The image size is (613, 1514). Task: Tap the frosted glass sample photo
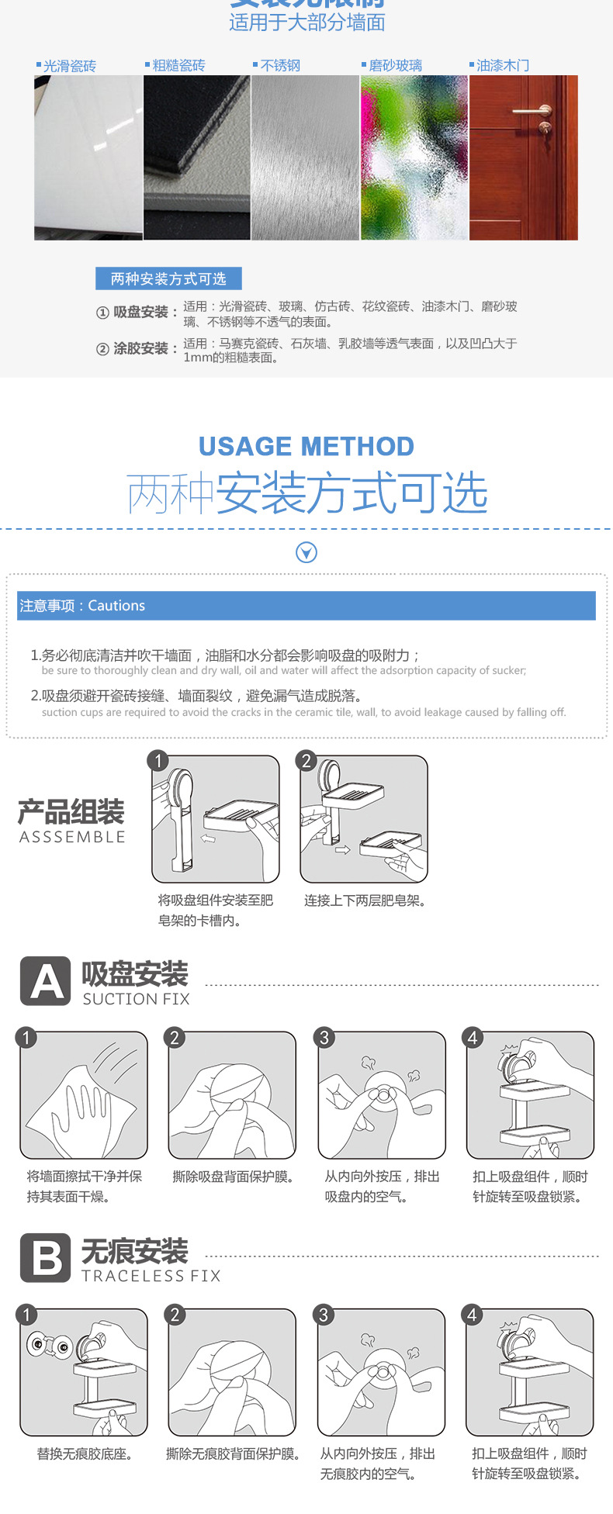point(414,157)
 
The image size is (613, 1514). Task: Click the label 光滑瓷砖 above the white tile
point(69,66)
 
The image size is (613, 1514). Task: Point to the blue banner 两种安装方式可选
point(168,278)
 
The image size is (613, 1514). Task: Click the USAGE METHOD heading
point(306,447)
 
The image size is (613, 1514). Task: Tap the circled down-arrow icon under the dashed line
point(306,552)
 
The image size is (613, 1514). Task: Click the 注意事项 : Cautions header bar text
point(82,606)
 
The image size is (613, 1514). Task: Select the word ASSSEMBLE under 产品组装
point(72,837)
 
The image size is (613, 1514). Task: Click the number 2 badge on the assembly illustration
point(306,761)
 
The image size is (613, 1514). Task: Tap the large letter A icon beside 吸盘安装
point(46,981)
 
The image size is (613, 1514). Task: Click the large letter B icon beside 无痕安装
point(46,1257)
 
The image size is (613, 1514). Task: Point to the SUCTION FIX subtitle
point(136,999)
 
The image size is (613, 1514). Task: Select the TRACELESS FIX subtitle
point(151,1276)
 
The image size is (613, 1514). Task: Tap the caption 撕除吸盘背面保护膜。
point(233,1177)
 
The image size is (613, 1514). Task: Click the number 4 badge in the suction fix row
point(473,1038)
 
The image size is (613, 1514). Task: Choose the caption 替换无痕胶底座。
point(84,1454)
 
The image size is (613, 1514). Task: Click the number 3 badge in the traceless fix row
point(324,1315)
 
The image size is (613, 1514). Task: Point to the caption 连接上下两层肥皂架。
point(364,900)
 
